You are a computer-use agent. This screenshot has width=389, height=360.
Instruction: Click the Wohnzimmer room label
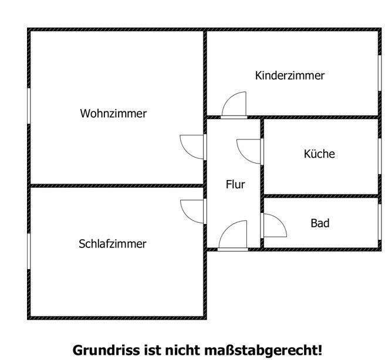[113, 114]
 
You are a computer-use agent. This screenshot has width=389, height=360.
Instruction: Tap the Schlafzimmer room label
[113, 244]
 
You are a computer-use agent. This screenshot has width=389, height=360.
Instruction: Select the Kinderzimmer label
[290, 76]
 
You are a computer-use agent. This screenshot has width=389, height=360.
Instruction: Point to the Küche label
[319, 154]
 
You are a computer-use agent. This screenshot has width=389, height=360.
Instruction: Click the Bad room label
[320, 223]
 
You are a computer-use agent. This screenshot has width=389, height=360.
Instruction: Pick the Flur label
[235, 184]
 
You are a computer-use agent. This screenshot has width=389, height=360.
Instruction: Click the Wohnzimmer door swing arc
[187, 152]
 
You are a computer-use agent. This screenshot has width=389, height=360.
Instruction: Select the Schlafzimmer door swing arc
[187, 216]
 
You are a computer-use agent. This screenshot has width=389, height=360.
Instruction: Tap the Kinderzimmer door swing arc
[229, 99]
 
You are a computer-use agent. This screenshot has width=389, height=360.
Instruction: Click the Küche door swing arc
[243, 157]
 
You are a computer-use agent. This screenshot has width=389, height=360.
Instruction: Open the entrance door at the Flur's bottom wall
[233, 249]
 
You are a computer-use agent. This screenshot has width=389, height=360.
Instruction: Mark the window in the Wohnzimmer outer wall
[29, 106]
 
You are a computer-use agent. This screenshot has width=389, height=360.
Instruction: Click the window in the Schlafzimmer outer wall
[29, 251]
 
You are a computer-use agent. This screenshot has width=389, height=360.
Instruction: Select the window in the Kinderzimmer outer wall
[380, 73]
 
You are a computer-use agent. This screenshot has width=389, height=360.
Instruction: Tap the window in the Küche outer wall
[380, 156]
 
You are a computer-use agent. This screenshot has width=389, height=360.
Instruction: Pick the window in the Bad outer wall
[380, 222]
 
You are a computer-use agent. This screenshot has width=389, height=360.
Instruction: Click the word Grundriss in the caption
[106, 351]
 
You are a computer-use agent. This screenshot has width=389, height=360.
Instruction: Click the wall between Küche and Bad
[321, 196]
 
